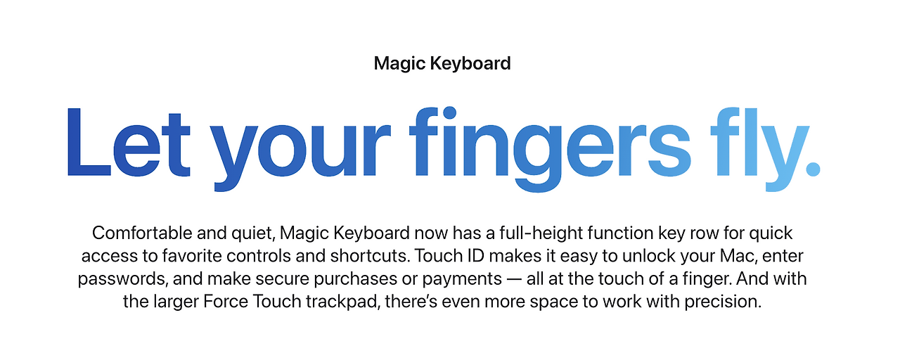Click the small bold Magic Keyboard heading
coord(442,64)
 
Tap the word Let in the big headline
coord(129,143)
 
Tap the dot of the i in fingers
coord(449,113)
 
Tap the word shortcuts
coord(370,256)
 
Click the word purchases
coord(356,280)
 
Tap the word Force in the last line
coord(226,302)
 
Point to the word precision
coord(723,302)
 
